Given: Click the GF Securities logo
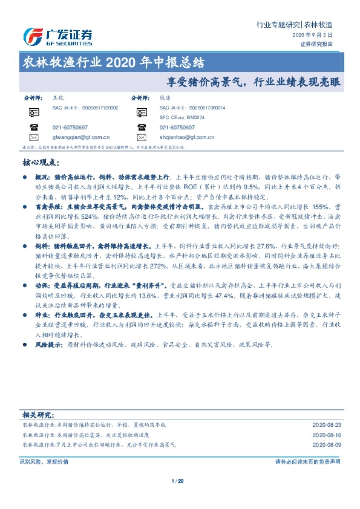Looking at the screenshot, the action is point(57,36).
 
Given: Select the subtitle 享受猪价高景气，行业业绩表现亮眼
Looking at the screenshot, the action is point(254,80).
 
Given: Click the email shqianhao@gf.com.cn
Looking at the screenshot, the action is point(189,138).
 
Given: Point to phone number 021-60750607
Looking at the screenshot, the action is point(177,128).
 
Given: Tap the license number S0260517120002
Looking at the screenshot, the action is point(93,107).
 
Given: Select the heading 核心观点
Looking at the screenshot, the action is point(40,163).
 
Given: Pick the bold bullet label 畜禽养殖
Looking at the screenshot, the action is point(46,222).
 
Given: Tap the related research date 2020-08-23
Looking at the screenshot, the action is point(326,426).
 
